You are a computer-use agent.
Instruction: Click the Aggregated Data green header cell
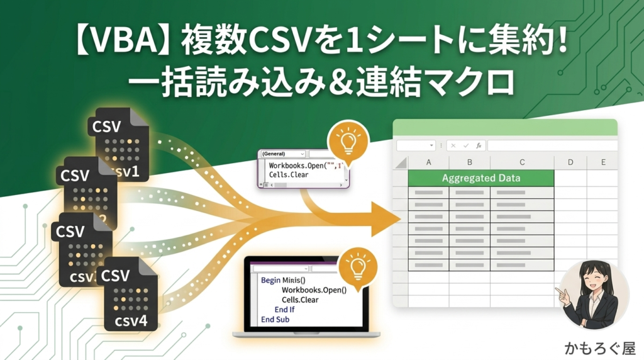tap(481, 178)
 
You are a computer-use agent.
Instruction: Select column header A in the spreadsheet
tap(428, 162)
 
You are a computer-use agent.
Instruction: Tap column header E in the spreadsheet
tap(603, 162)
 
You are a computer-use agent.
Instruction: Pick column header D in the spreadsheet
tap(570, 162)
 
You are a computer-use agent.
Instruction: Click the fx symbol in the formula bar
tap(479, 145)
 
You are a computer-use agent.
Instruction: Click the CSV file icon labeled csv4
tap(131, 295)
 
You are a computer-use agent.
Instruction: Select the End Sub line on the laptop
tap(275, 320)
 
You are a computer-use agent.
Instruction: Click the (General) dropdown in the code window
tap(282, 154)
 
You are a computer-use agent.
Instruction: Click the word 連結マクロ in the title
tap(445, 82)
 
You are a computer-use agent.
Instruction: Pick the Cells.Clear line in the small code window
tap(289, 175)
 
